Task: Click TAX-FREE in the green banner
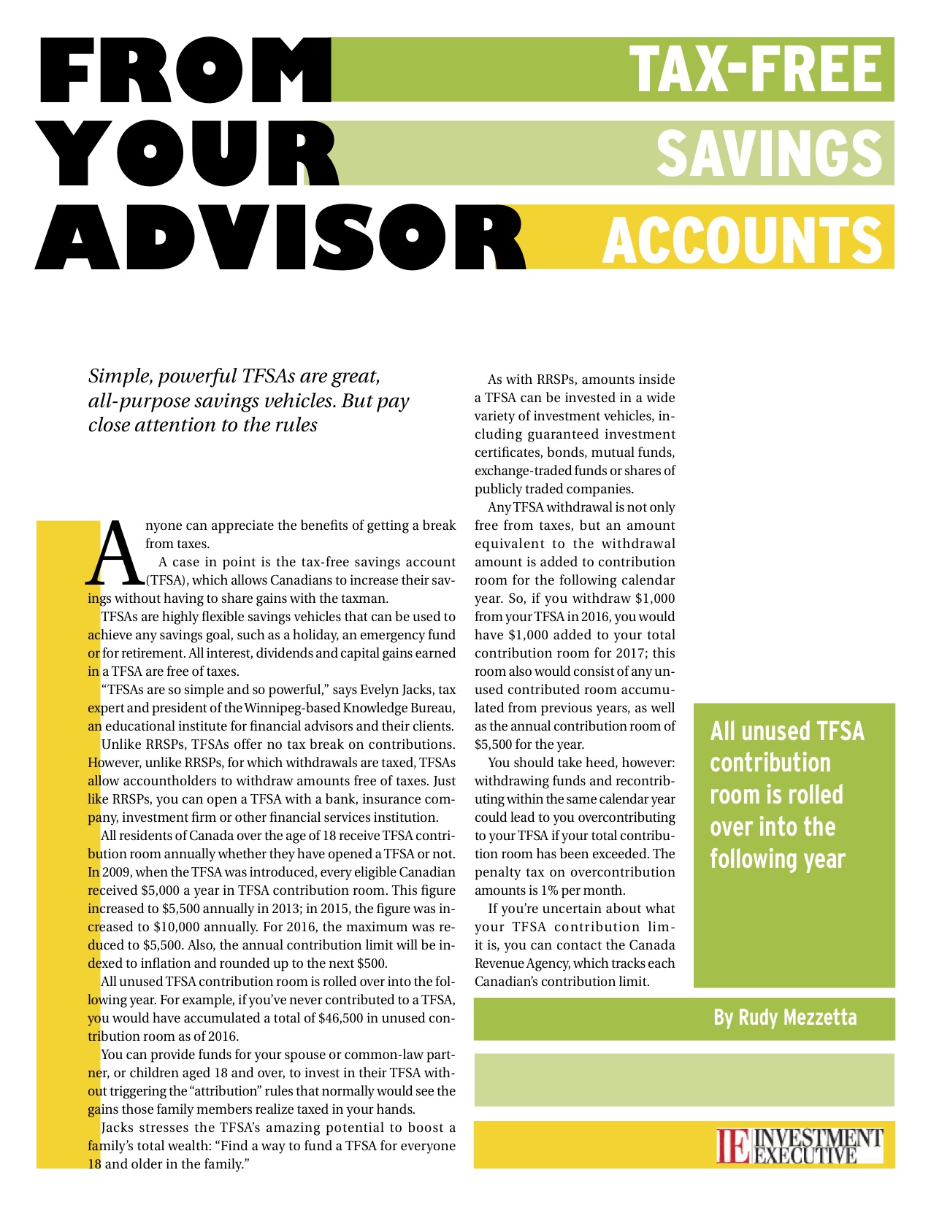pyautogui.click(x=756, y=69)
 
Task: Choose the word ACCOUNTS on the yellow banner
pyautogui.click(x=742, y=239)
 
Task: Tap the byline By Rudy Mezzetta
pyautogui.click(x=785, y=1017)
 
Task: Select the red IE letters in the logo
pyautogui.click(x=733, y=1146)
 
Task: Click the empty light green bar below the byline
pyautogui.click(x=683, y=1079)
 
